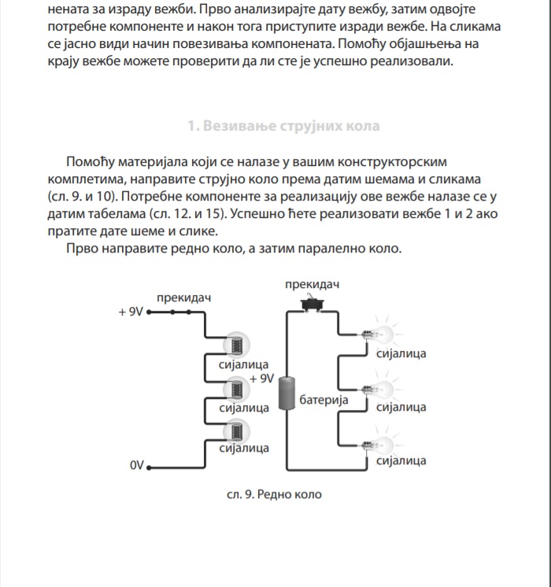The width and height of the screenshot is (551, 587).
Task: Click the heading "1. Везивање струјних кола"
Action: (283, 126)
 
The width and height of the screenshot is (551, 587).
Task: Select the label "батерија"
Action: (324, 401)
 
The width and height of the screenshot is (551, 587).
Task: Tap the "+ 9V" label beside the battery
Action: (261, 378)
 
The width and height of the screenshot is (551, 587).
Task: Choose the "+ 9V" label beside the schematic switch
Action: (131, 312)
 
